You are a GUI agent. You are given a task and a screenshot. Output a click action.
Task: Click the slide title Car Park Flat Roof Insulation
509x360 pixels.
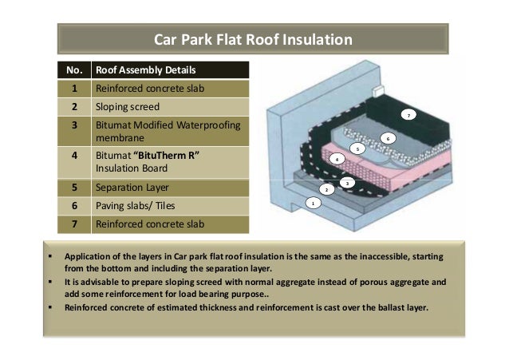point(253,39)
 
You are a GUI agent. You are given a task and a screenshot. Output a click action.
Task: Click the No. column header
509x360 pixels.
point(74,69)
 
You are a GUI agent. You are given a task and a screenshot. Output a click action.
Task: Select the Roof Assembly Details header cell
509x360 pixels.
point(141,69)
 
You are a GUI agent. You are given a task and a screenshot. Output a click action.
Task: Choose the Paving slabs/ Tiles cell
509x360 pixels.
point(135,207)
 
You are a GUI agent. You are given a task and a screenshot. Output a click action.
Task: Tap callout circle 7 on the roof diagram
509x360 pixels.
point(409,116)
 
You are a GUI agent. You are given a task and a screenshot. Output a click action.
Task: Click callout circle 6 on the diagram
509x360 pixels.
point(388,138)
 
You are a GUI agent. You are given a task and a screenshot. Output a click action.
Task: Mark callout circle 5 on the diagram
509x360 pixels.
point(358,148)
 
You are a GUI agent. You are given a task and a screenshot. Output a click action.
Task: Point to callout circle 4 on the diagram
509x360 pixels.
point(337,160)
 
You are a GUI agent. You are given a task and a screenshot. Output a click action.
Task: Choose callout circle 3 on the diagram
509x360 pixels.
point(348,184)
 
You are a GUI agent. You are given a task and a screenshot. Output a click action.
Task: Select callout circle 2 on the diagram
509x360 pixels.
point(326,189)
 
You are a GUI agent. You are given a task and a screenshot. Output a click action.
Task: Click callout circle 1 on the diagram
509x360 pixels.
point(314,204)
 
